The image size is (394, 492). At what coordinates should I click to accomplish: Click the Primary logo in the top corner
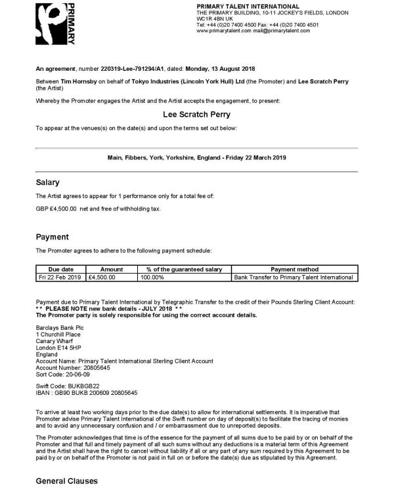click(x=56, y=24)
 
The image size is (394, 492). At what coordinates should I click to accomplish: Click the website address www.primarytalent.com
click(x=224, y=31)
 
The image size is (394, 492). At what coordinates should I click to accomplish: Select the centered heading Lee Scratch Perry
click(x=196, y=114)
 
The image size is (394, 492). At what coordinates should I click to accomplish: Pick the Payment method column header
click(x=294, y=270)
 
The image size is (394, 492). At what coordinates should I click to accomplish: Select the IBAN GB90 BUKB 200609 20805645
click(x=87, y=392)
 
